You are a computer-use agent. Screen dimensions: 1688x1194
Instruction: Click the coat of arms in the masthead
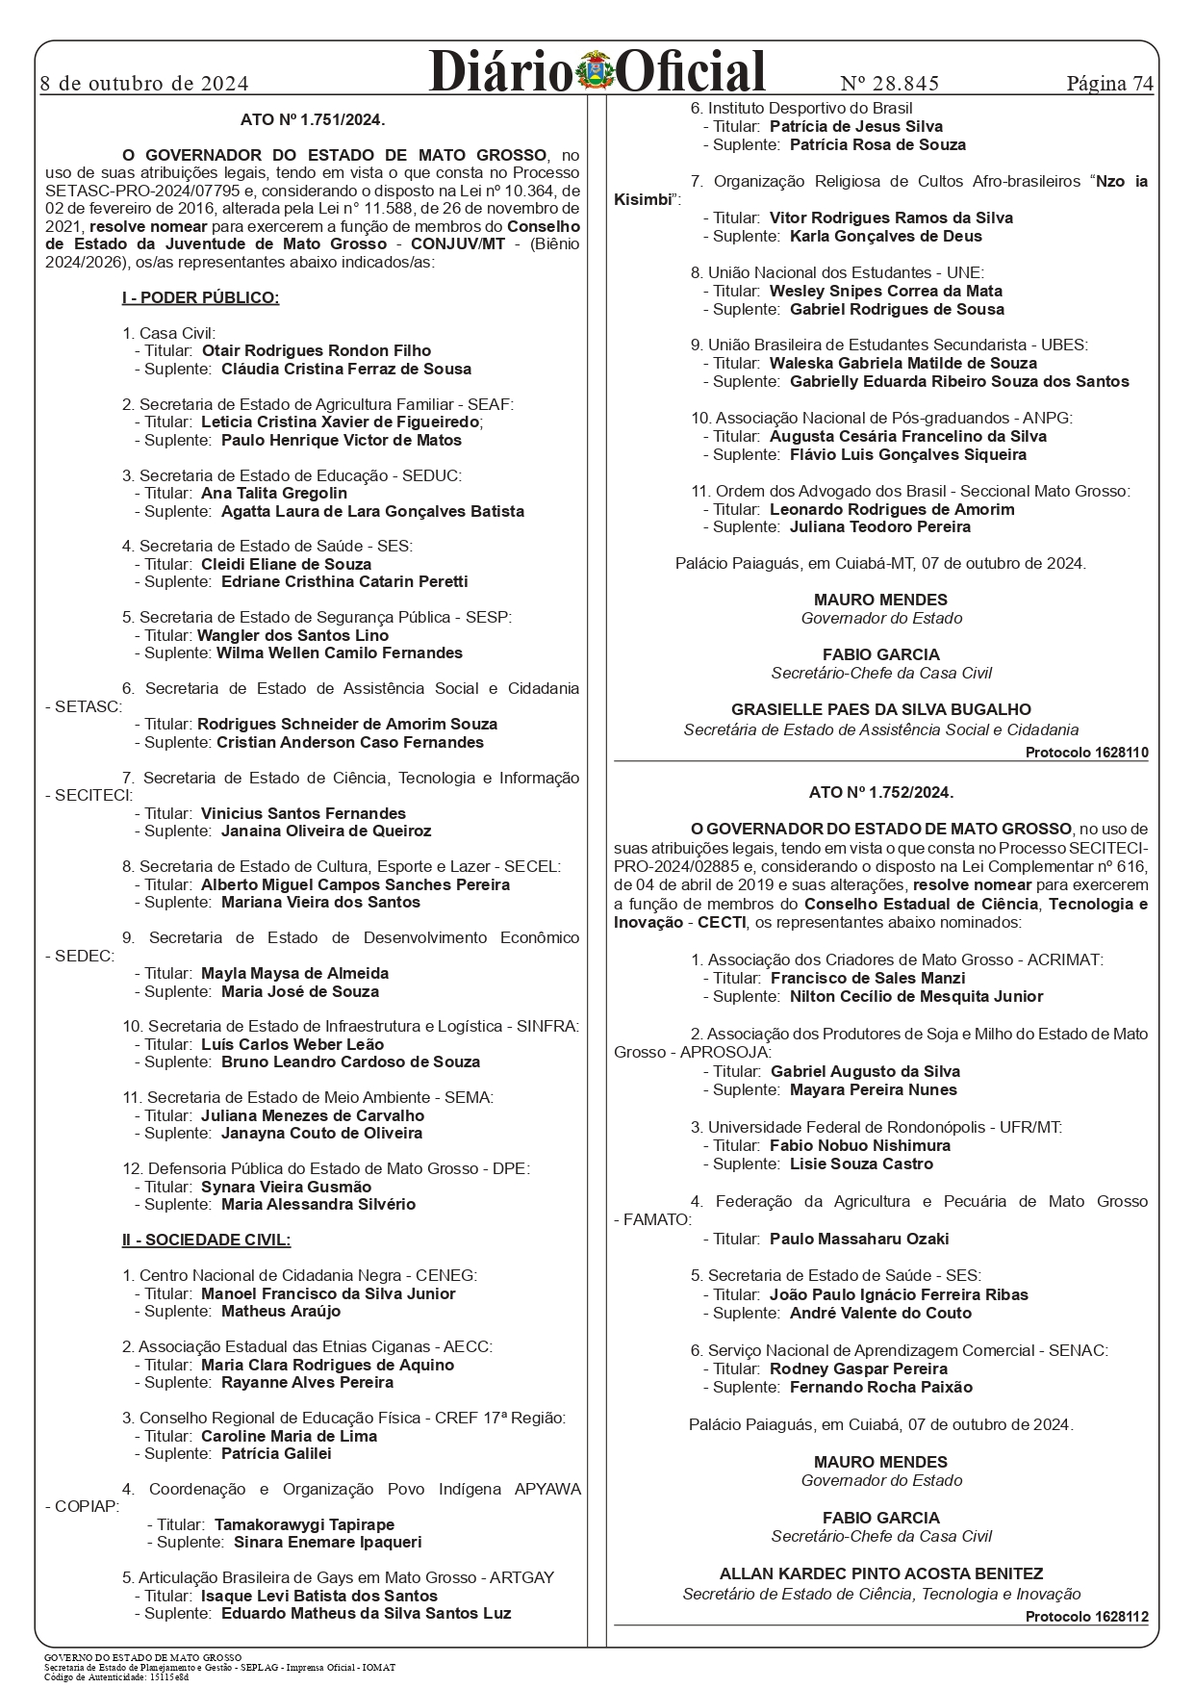597,73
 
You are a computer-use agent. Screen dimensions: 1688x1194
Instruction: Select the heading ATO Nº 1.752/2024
880,793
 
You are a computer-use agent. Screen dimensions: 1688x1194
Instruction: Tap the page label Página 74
1109,83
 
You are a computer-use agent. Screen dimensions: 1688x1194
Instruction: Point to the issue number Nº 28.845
890,83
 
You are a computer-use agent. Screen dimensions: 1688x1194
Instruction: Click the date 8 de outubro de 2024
144,83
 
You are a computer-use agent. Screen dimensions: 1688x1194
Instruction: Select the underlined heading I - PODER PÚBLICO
200,297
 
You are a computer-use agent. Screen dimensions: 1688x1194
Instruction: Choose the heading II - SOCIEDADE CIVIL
206,1240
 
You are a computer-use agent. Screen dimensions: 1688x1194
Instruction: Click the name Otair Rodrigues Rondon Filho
316,351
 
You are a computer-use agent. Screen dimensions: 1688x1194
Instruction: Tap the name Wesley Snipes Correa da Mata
885,291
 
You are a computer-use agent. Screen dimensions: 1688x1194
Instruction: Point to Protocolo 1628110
1086,753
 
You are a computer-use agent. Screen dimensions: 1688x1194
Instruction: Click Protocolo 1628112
1086,1617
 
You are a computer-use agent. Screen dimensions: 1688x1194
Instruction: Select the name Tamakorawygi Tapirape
304,1524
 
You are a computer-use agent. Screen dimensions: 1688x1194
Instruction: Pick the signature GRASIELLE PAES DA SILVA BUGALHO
880,710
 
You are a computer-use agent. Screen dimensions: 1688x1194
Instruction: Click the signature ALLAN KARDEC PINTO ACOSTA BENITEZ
880,1573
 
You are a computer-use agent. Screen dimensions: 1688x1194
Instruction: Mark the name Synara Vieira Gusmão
286,1187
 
